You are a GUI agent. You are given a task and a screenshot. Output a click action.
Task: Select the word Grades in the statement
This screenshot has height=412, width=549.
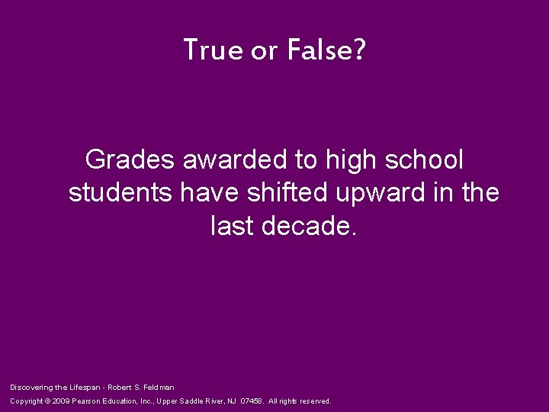coord(130,159)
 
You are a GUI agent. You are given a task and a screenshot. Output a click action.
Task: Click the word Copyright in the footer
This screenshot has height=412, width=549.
coord(27,401)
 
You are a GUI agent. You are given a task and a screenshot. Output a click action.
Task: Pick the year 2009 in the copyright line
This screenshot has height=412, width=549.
coord(62,401)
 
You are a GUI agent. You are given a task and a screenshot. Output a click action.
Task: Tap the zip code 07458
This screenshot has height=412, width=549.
coord(253,401)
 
